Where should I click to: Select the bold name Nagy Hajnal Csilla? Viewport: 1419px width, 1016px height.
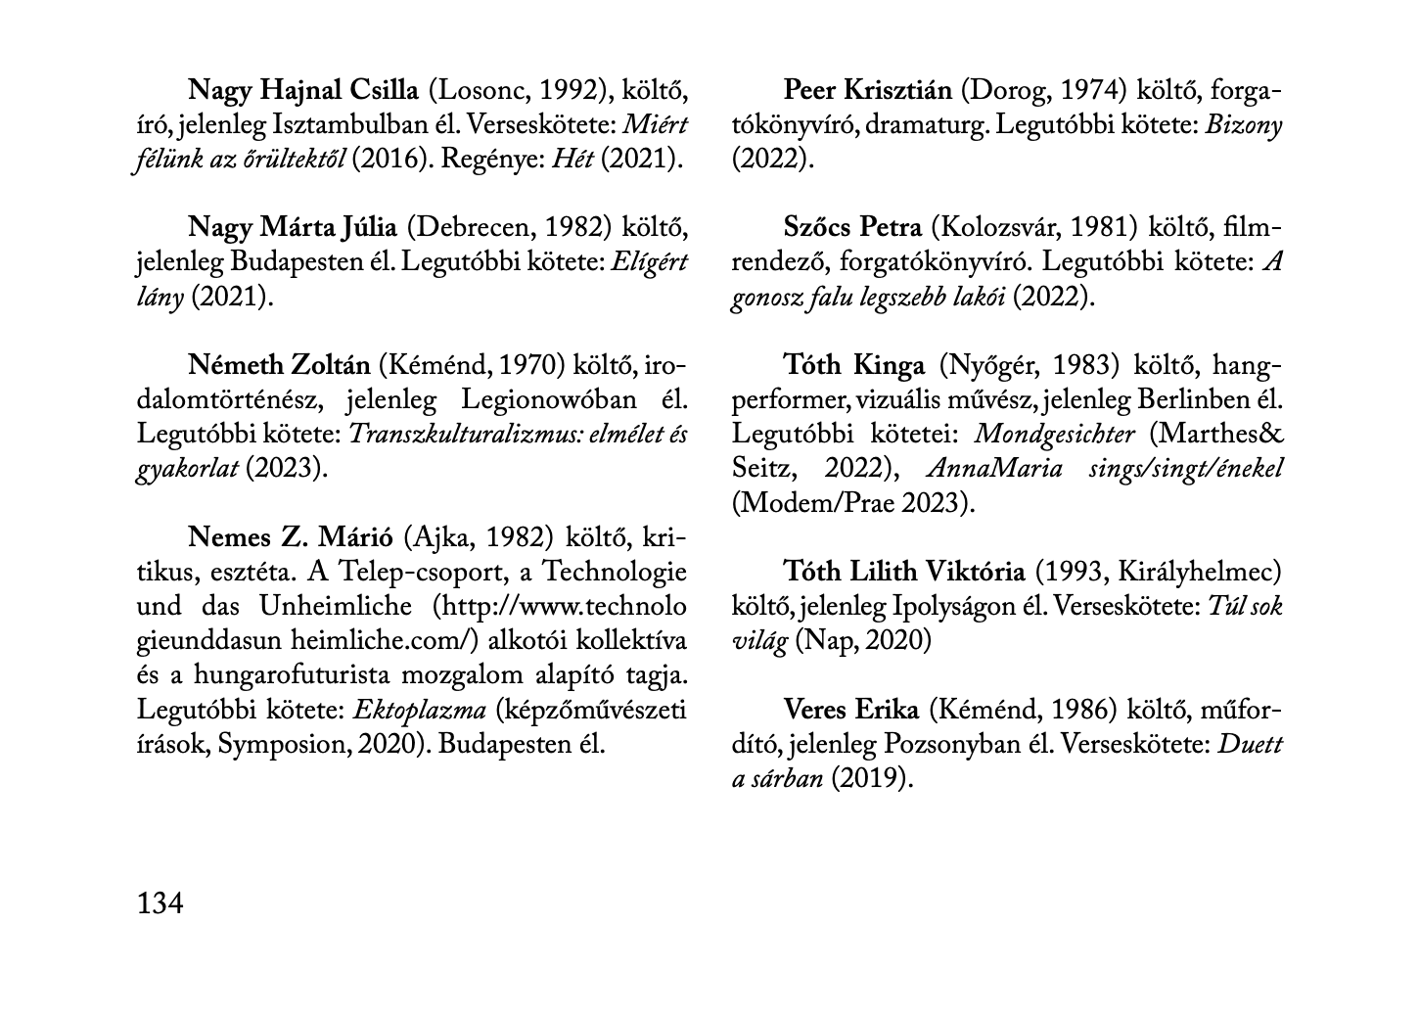point(303,91)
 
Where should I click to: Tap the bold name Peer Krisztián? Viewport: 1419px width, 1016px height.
point(867,91)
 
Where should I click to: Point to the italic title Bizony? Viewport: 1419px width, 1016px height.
point(1244,125)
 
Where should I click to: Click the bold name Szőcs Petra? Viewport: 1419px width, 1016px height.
point(852,228)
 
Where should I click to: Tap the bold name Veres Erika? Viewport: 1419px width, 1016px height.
point(850,710)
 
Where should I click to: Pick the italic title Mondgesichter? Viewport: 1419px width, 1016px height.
point(1055,434)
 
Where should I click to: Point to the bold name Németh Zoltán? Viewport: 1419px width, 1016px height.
point(279,365)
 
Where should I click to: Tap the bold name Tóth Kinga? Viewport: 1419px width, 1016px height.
point(853,365)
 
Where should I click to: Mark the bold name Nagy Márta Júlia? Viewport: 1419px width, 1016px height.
point(293,228)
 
